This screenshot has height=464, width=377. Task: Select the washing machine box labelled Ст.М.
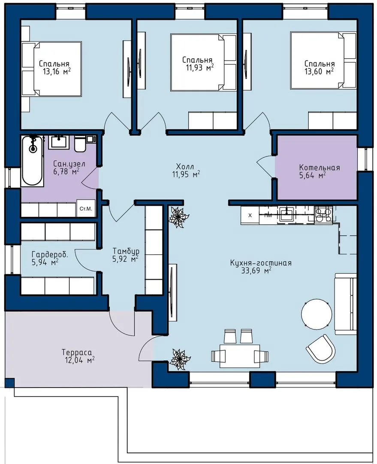pyautogui.click(x=86, y=208)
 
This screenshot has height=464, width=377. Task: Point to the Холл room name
pyautogui.click(x=185, y=166)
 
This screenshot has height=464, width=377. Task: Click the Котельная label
pyautogui.click(x=320, y=168)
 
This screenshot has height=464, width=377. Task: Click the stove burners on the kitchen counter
pyautogui.click(x=323, y=214)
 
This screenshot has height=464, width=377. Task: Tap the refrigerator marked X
pyautogui.click(x=250, y=215)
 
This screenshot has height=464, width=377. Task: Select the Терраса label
pyautogui.click(x=77, y=352)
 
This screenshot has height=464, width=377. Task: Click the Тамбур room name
pyautogui.click(x=126, y=251)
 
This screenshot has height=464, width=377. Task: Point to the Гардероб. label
pyautogui.click(x=50, y=254)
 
